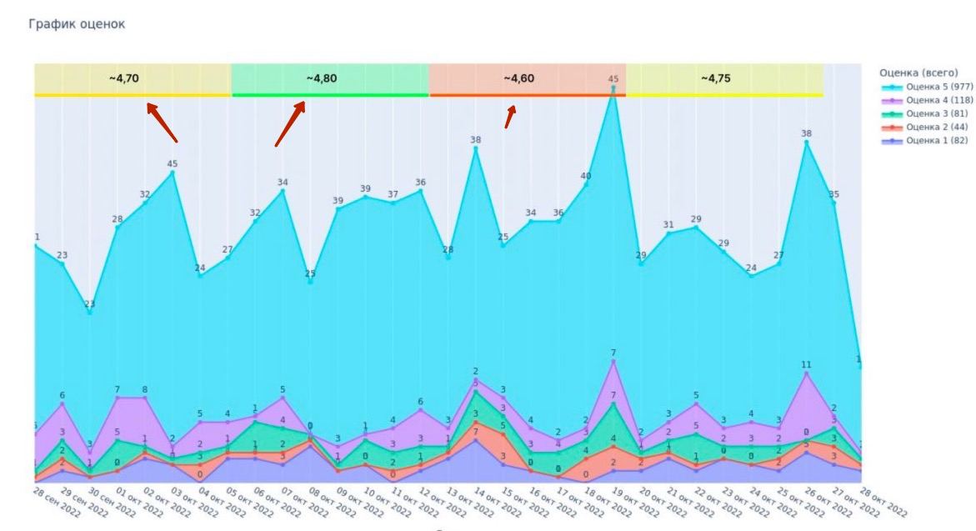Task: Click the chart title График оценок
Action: tap(77, 24)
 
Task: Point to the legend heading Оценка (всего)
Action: tap(918, 73)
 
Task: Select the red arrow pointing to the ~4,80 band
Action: tap(290, 123)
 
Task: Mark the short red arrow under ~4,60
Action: tap(510, 116)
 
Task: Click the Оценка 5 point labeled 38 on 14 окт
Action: tap(476, 148)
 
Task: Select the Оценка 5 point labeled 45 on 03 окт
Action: tap(173, 173)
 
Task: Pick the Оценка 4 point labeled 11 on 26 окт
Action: tap(806, 373)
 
